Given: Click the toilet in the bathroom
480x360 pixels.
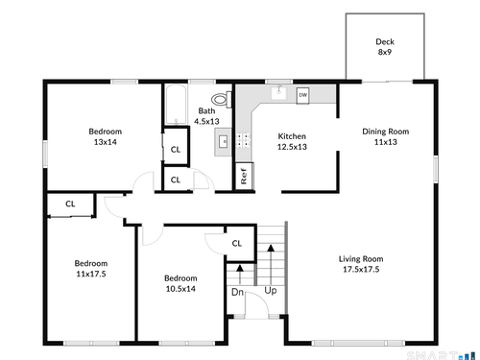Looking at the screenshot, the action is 222,99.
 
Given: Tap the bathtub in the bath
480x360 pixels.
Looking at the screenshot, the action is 176,105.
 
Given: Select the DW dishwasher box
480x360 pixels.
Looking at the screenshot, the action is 302,95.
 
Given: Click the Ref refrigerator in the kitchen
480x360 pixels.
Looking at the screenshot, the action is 244,176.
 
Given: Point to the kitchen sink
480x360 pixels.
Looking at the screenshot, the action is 279,93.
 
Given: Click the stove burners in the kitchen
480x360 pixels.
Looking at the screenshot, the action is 244,141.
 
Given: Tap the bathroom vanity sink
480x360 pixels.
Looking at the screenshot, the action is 223,141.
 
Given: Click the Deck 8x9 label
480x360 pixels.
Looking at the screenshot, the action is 385,47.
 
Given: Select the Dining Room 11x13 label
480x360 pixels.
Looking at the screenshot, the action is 386,136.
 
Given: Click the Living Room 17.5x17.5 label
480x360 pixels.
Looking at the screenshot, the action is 361,264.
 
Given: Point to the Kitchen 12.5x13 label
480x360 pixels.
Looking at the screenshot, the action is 292,141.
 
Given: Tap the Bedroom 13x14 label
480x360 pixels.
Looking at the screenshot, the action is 106,136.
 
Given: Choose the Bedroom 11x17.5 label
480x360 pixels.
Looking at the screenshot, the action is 91,269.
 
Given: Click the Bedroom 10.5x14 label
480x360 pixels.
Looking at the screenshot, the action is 180,283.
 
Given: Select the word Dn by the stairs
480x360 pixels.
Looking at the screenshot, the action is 237,292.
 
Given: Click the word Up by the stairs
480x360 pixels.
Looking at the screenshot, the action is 271,291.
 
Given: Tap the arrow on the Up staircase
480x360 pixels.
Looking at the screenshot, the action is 271,265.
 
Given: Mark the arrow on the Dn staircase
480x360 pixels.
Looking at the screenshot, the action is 240,275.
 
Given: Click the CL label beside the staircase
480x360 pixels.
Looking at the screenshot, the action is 237,244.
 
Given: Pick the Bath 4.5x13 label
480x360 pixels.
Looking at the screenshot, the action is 206,116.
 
